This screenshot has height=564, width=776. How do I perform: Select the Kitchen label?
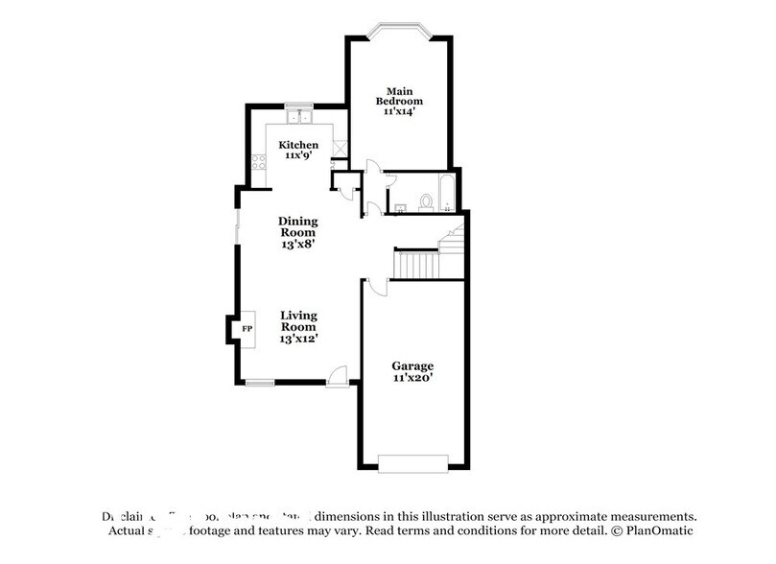[298, 145]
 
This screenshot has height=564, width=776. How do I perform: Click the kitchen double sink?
[299, 117]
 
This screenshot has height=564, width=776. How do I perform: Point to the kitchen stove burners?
[257, 164]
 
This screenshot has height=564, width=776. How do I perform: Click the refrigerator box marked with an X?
[338, 150]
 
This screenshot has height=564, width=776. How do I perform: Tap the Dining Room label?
[298, 226]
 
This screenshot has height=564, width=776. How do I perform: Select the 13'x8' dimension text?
[298, 244]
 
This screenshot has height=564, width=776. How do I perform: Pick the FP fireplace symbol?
[246, 330]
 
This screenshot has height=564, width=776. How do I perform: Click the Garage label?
[413, 365]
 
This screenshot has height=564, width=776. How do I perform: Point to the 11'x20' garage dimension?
[413, 379]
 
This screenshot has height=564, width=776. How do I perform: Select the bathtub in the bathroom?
[447, 192]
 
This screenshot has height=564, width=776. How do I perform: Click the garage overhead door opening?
[412, 464]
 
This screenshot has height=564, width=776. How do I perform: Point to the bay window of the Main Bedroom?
[398, 29]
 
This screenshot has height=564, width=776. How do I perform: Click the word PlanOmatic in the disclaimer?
[657, 530]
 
